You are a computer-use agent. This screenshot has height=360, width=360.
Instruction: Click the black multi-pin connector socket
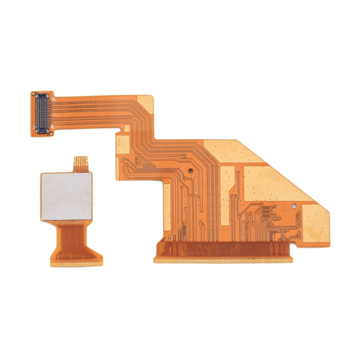[x=42, y=112]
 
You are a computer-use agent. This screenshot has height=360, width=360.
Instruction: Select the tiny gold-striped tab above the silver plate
[x=81, y=163]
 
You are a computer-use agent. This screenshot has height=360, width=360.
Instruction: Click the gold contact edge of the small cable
[x=77, y=264]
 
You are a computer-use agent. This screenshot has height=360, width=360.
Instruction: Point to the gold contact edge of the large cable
[x=223, y=260]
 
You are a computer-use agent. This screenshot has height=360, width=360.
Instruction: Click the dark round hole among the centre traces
[x=190, y=170]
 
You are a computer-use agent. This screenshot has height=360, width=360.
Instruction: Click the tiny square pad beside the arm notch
[x=127, y=128]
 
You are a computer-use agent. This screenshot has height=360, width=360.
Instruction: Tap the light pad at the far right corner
[x=314, y=224]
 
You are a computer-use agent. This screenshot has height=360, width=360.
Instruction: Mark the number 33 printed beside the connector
[x=54, y=99]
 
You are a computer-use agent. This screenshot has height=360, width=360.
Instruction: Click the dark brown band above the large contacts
[x=223, y=249]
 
